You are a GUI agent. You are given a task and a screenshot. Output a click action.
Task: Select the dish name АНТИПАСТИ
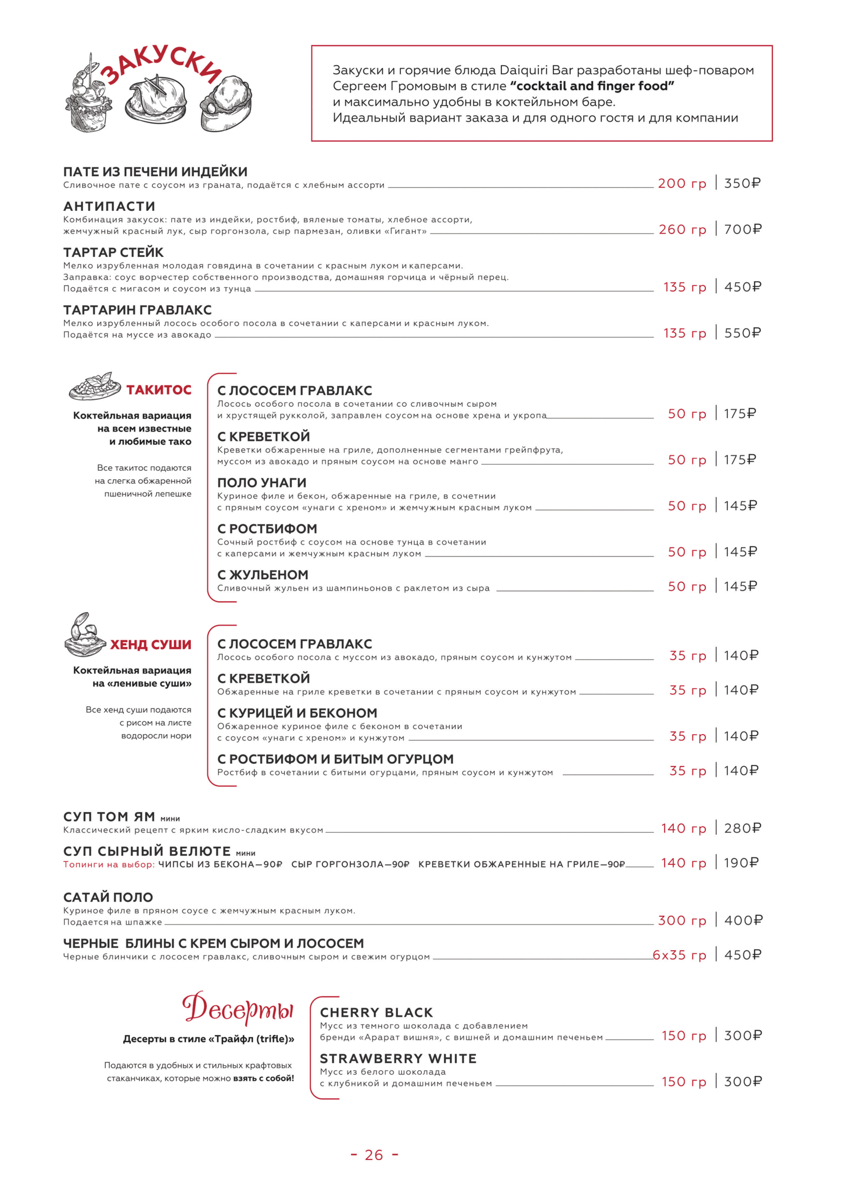coord(109,206)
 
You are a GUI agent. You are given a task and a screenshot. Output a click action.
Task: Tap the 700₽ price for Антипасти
coord(742,229)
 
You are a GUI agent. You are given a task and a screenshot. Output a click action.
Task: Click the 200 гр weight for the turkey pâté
coord(682,184)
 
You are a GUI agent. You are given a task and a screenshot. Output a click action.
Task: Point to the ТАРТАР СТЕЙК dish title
coord(113,252)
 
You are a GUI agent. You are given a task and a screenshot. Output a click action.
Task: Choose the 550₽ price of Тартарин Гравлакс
coord(742,333)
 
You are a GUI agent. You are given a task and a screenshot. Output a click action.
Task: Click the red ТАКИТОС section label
coord(159,390)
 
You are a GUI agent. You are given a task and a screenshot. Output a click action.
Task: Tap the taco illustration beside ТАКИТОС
coord(94,386)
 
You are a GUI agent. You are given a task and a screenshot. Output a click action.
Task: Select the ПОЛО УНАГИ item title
coord(262,482)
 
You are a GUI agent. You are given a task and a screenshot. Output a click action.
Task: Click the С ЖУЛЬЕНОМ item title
coord(263,575)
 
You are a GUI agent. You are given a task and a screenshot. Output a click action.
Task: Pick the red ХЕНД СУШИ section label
coord(150,644)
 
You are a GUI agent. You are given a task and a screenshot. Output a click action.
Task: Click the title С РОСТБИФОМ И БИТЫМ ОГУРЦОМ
coord(336,759)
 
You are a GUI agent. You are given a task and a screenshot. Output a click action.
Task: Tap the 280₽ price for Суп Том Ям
coord(742,828)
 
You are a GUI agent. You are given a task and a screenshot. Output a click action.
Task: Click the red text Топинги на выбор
coord(109,864)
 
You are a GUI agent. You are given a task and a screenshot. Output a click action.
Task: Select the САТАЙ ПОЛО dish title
coord(108,897)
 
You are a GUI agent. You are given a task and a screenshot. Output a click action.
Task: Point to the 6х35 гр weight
coord(679,955)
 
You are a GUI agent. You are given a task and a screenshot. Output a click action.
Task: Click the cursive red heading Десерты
coord(238,1009)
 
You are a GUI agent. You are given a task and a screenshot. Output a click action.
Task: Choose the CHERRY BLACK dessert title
coord(376,1012)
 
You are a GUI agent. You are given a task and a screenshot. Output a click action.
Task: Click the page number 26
coord(374,1155)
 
